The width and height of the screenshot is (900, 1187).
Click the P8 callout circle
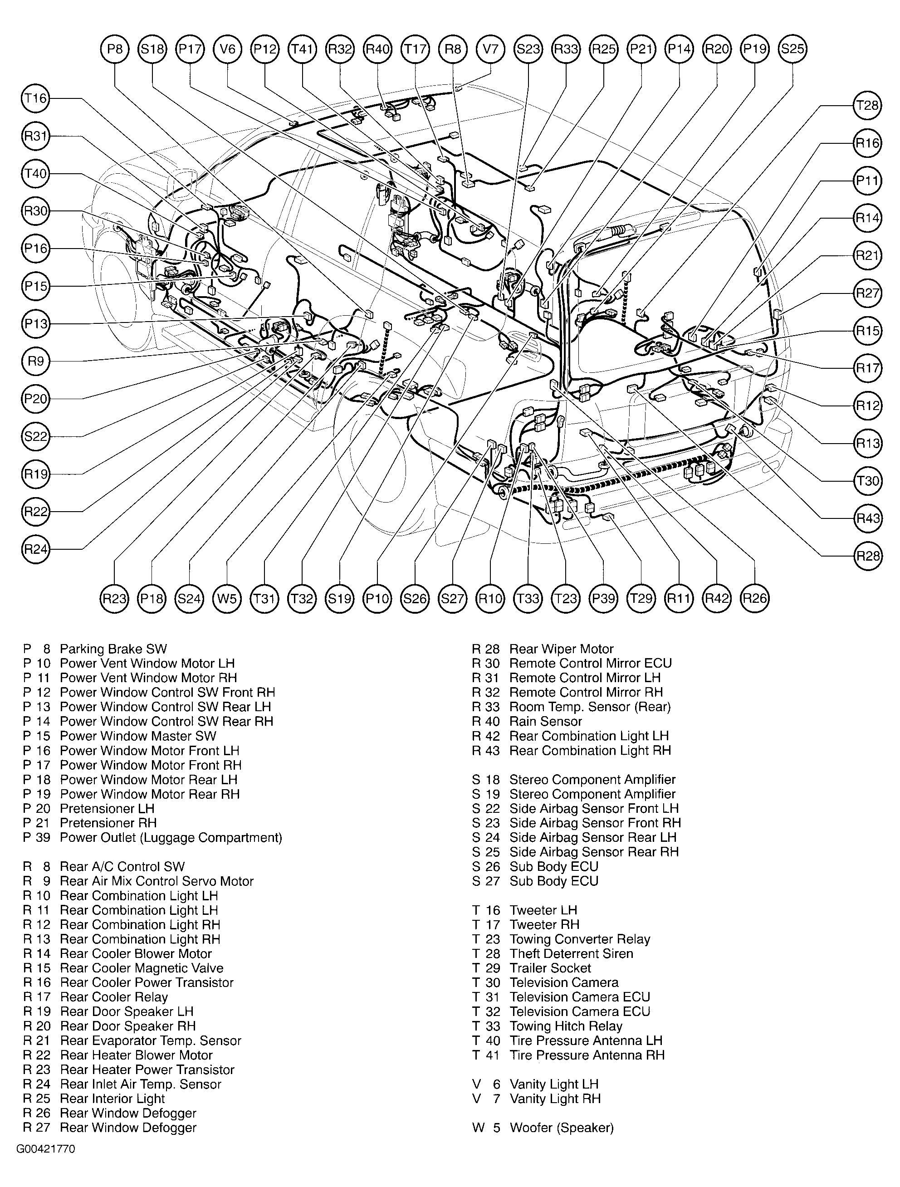point(115,49)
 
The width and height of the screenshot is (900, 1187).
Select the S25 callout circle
point(792,49)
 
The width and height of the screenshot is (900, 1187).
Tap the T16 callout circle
point(36,98)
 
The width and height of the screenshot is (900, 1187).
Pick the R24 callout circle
point(36,549)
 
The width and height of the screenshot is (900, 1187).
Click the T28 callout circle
point(867,106)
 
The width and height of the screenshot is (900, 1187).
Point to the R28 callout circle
point(867,556)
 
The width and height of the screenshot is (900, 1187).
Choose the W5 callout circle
point(227,598)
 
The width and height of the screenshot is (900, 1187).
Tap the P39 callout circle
point(604,598)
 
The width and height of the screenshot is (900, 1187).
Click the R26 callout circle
point(754,598)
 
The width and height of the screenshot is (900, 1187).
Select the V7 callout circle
point(490,49)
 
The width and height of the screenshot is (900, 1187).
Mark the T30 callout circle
point(867,481)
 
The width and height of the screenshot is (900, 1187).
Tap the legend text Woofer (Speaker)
point(561,1128)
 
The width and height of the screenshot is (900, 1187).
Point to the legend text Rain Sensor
point(545,721)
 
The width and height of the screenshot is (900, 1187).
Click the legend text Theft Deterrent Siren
point(571,953)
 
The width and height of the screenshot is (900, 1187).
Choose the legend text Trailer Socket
point(550,968)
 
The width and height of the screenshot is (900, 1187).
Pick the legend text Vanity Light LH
point(554,1084)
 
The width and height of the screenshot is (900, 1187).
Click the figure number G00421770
point(46,1149)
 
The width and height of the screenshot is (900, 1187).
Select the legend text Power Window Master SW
point(138,736)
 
